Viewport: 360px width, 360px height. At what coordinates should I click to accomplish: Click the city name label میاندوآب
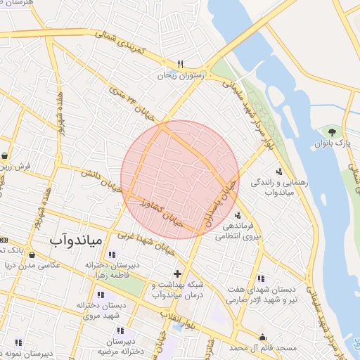pyautogui.click(x=76, y=240)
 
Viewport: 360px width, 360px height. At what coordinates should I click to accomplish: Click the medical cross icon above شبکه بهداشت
pyautogui.click(x=177, y=273)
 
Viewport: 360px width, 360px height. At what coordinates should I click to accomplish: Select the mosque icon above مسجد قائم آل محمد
pyautogui.click(x=263, y=337)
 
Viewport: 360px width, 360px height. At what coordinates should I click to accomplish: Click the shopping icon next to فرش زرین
pyautogui.click(x=4, y=156)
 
